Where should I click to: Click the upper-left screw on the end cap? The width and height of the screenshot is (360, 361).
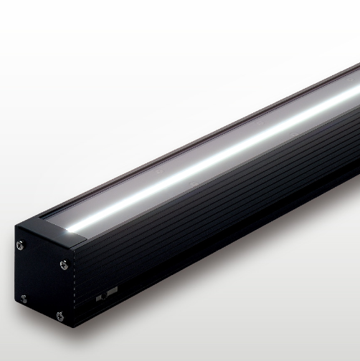pyautogui.click(x=20, y=246)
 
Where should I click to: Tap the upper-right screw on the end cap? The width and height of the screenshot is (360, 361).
pyautogui.click(x=65, y=265)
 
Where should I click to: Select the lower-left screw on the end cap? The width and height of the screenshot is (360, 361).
pyautogui.click(x=24, y=297)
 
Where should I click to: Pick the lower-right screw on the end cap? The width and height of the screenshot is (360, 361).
pyautogui.click(x=60, y=315)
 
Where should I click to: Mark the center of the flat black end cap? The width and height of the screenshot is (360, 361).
pyautogui.click(x=43, y=279)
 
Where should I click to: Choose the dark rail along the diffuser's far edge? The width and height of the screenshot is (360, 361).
pyautogui.click(x=179, y=143)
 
